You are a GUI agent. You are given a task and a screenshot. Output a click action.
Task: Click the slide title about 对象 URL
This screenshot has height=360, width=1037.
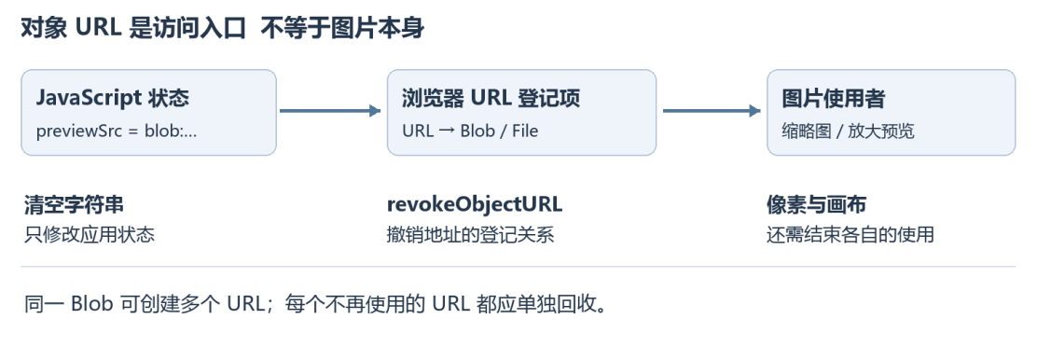point(222,30)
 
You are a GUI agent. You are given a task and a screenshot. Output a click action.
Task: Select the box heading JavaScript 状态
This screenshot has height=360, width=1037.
point(113,99)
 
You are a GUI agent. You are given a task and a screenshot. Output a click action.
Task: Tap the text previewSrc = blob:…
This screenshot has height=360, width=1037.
point(117,131)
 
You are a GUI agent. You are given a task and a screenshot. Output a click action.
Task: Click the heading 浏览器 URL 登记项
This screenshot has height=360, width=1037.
point(491,99)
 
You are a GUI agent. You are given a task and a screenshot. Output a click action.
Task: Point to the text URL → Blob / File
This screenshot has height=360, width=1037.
point(470,131)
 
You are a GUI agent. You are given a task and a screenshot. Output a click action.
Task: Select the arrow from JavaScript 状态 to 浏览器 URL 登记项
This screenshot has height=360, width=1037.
point(331,110)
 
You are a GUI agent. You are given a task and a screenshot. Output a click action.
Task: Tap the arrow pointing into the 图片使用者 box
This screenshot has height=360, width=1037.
point(712,110)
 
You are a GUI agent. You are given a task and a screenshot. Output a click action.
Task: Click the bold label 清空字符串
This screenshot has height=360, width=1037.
point(74,205)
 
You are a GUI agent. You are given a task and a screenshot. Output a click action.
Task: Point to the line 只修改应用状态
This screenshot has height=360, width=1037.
point(90,234)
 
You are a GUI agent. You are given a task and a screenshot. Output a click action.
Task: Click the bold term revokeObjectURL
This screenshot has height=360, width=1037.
point(474,205)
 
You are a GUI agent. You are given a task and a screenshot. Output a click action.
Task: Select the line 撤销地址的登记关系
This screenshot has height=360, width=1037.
point(470,234)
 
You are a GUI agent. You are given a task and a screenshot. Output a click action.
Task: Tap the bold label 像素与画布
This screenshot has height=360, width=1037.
point(816,205)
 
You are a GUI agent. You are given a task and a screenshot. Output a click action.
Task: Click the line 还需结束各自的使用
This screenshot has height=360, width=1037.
point(850,234)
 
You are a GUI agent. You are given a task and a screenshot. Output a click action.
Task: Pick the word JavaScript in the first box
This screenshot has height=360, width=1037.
point(88,99)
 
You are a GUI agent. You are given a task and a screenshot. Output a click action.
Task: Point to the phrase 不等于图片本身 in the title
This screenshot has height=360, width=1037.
point(342,30)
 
